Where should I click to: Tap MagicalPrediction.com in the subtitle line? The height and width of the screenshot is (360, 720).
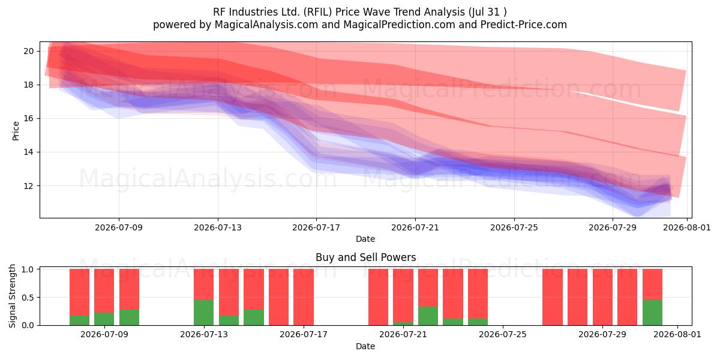coord(399,25)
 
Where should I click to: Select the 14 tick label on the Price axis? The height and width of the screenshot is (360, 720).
coord(28,152)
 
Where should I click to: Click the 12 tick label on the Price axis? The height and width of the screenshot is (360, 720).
coord(28,186)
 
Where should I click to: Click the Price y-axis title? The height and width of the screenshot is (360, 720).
coord(16,131)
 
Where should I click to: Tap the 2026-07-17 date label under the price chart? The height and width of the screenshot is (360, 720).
coord(316,227)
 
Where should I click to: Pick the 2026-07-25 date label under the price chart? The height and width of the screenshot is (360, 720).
coord(514,227)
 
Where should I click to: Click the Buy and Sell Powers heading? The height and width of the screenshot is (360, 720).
coord(366,257)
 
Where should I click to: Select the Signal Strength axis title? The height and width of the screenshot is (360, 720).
coord(12,296)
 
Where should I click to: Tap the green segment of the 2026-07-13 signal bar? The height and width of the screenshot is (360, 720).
coord(203,313)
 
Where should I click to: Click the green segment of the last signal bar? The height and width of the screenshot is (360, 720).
coord(653,313)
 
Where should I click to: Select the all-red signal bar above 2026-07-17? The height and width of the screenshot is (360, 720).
coord(304,297)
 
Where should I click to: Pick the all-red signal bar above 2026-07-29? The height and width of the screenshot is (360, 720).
coord(602,297)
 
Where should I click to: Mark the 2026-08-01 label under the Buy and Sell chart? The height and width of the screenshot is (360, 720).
coord(677,335)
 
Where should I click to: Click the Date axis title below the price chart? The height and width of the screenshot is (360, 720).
coord(365,239)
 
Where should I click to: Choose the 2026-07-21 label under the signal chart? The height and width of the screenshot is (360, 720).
coord(403,335)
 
